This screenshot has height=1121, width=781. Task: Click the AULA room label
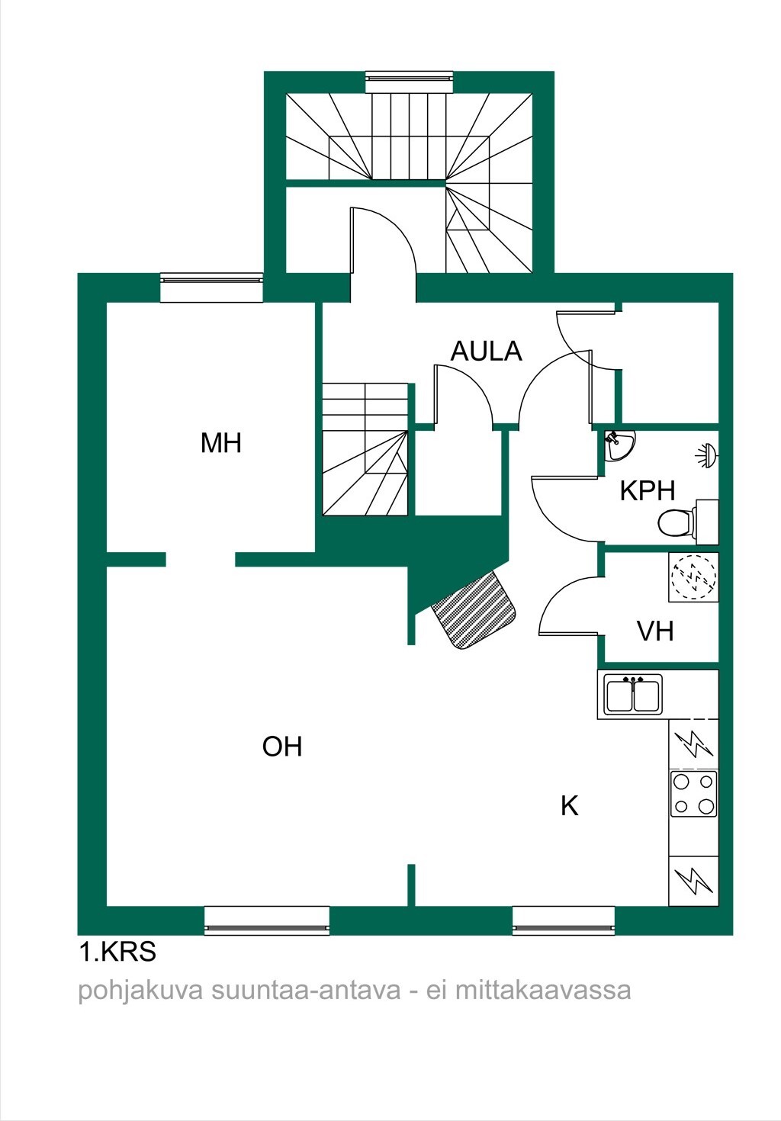(486, 352)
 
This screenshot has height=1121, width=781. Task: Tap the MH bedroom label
(220, 443)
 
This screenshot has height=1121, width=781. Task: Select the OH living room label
(282, 747)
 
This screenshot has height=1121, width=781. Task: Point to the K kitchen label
(570, 806)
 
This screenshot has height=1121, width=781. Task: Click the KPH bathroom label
(648, 490)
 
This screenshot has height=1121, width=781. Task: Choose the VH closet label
(655, 631)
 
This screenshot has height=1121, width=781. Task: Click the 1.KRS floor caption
(117, 952)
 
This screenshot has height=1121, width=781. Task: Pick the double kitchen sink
(633, 693)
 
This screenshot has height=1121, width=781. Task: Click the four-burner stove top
(693, 794)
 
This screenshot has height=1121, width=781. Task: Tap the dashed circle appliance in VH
(693, 577)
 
